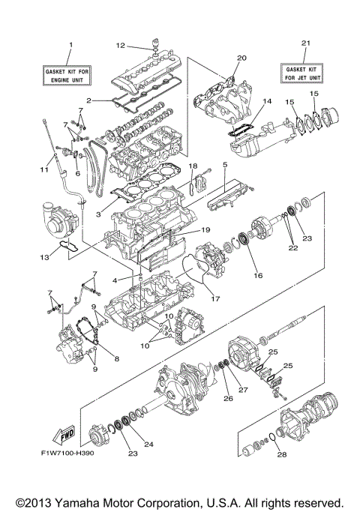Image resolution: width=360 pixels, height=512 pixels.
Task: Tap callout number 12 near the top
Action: (x=120, y=46)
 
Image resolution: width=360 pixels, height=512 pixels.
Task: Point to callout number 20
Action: (x=241, y=58)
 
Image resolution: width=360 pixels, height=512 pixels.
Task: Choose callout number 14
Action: (x=266, y=100)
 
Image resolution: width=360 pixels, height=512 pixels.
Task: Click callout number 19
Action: (x=205, y=230)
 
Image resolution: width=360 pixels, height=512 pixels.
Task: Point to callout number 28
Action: (x=280, y=454)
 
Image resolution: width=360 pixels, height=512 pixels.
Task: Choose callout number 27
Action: (x=242, y=390)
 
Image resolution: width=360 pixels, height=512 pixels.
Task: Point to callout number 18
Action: (x=192, y=165)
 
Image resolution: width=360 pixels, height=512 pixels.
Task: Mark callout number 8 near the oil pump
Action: (x=116, y=359)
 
